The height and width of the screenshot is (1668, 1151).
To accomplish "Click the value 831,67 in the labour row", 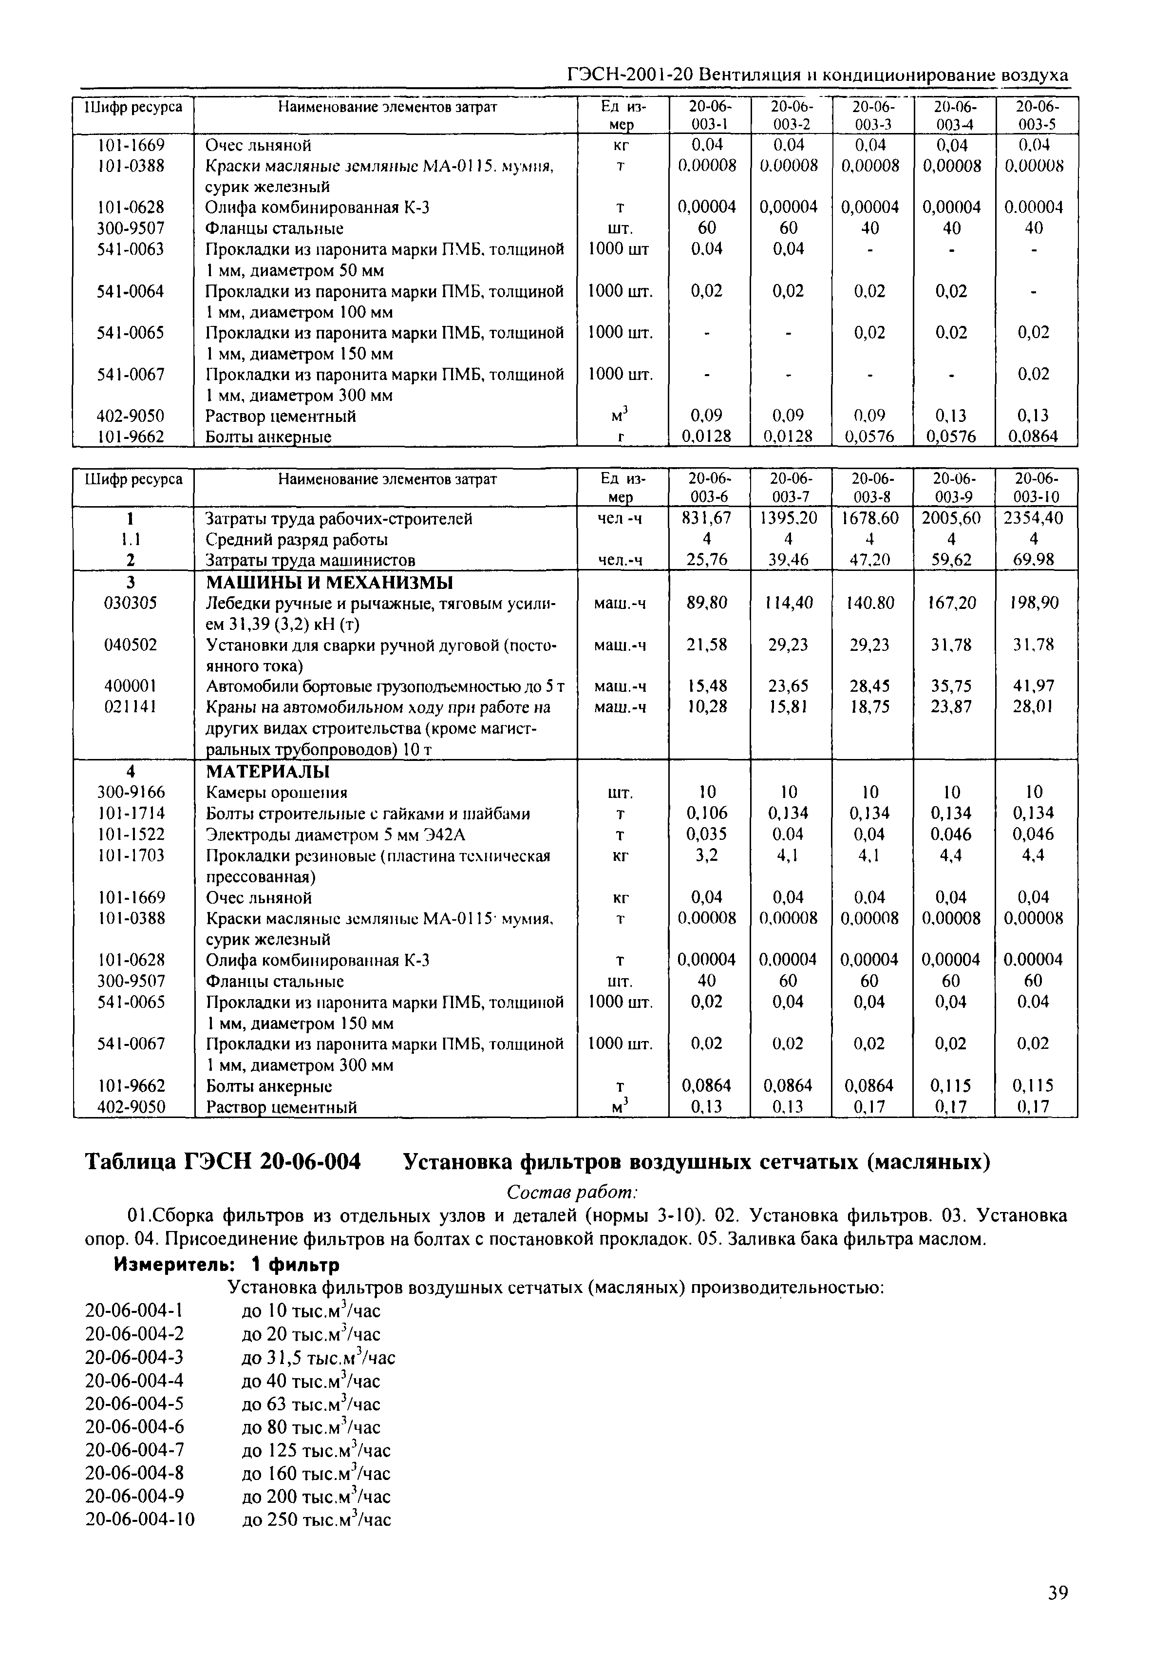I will point(707,518).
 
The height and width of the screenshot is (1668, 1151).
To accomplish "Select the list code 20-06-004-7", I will point(134,1450).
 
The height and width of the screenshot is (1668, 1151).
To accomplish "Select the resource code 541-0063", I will point(131,249).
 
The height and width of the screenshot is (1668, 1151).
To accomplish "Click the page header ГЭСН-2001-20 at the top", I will point(817,75).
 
